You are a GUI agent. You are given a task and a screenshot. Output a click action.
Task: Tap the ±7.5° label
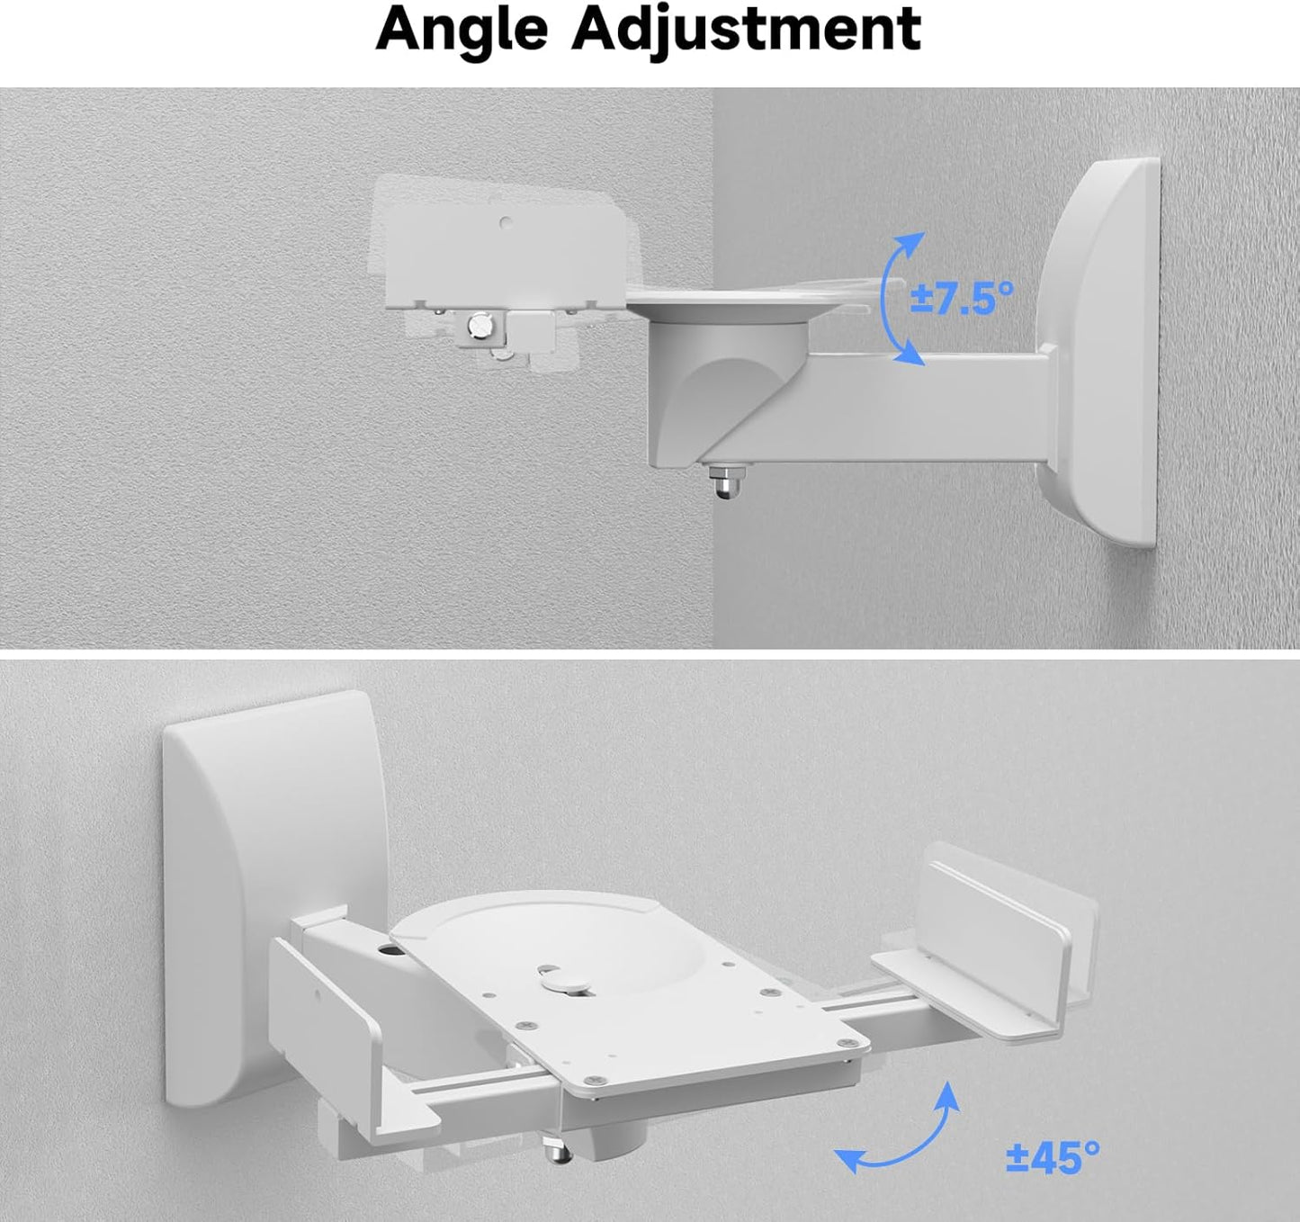click(961, 298)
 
